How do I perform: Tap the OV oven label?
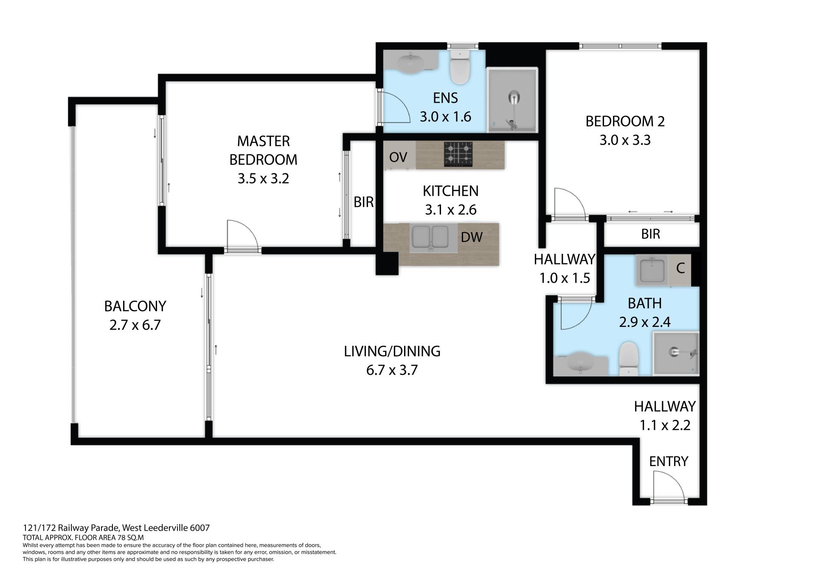pyautogui.click(x=398, y=157)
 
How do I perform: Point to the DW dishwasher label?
pyautogui.click(x=472, y=237)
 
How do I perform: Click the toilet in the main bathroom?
pyautogui.click(x=629, y=359)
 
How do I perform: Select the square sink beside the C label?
pyautogui.click(x=652, y=270)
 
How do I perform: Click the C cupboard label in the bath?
pyautogui.click(x=680, y=268)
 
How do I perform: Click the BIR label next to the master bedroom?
pyautogui.click(x=364, y=202)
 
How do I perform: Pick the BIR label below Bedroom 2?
pyautogui.click(x=651, y=234)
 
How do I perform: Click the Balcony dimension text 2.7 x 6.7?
pyautogui.click(x=135, y=325)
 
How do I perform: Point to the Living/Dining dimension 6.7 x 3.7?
pyautogui.click(x=392, y=370)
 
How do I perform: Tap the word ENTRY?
pyautogui.click(x=669, y=461)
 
